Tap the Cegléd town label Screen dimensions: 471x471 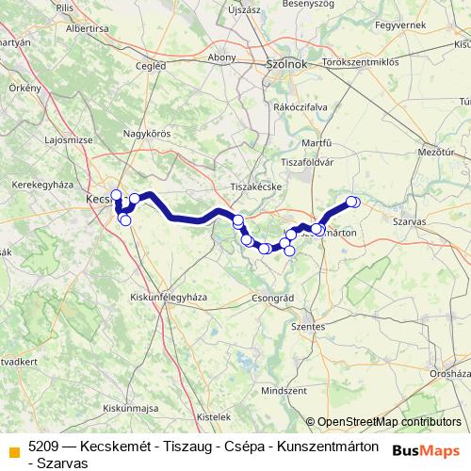point(151,66)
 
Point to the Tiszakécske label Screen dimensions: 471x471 point(257,187)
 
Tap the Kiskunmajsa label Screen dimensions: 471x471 point(129,408)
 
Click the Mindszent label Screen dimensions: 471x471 point(284,389)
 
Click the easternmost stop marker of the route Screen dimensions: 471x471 point(353,201)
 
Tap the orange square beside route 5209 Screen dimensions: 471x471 point(13,453)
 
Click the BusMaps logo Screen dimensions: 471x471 point(428,451)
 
